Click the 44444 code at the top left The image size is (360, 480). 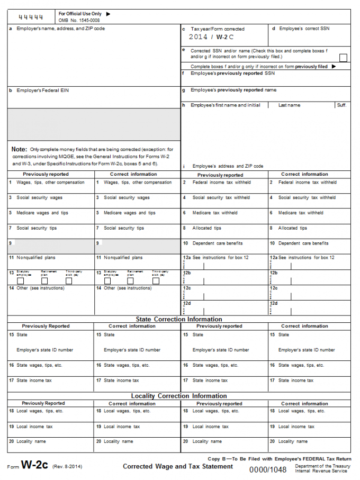[31, 17]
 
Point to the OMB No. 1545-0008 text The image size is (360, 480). [79, 20]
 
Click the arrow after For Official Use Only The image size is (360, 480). [109, 14]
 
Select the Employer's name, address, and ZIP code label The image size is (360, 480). [60, 29]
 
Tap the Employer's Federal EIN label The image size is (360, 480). [42, 90]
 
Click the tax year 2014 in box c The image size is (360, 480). [198, 37]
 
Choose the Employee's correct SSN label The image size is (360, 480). [304, 29]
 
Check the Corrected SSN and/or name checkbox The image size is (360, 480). [343, 58]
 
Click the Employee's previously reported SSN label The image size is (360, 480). [232, 74]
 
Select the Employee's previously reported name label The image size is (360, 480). [233, 90]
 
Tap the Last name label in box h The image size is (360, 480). [289, 105]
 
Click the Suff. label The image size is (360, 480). [342, 105]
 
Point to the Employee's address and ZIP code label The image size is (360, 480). [228, 166]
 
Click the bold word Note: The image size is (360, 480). [19, 149]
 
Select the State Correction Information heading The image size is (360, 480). [179, 319]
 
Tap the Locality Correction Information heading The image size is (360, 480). [179, 396]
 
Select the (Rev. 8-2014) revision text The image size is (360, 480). [67, 466]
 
